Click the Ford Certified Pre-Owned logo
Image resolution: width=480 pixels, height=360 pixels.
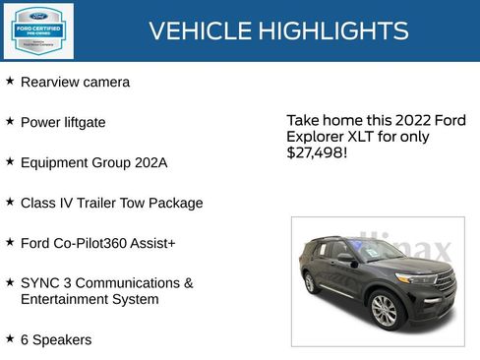pyautogui.click(x=36, y=30)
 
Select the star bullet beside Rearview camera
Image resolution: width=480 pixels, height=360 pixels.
pyautogui.click(x=10, y=81)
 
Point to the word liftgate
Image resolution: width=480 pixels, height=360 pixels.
pyautogui.click(x=84, y=123)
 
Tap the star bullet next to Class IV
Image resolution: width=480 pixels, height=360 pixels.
pyautogui.click(x=10, y=202)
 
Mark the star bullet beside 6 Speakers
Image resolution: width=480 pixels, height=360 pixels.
pyautogui.click(x=10, y=338)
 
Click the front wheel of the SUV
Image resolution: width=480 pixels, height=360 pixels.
pyautogui.click(x=384, y=310)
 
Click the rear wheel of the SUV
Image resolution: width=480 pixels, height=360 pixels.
pyautogui.click(x=310, y=282)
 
